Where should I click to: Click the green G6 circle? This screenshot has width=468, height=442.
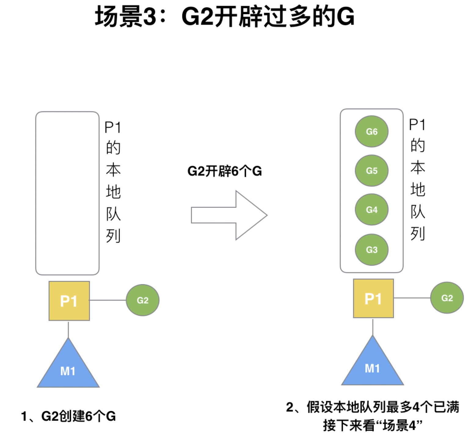[x=371, y=131]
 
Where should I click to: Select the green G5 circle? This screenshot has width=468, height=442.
[x=371, y=171]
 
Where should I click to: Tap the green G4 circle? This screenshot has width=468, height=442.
[x=371, y=210]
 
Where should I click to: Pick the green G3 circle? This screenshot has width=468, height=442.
[x=371, y=250]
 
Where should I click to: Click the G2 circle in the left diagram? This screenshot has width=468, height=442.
[x=142, y=300]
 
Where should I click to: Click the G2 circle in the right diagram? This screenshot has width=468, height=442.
[x=447, y=298]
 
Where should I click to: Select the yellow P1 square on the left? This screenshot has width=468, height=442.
[x=69, y=301]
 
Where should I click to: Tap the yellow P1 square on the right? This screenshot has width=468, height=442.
[x=373, y=298]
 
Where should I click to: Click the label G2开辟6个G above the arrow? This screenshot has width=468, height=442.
[x=225, y=171]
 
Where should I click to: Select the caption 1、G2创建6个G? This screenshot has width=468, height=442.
[x=68, y=416]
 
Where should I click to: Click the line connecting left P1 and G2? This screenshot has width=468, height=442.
[x=108, y=300]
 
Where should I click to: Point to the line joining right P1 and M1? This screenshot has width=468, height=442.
[x=373, y=326]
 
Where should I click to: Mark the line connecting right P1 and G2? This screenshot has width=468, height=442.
[x=412, y=298]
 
